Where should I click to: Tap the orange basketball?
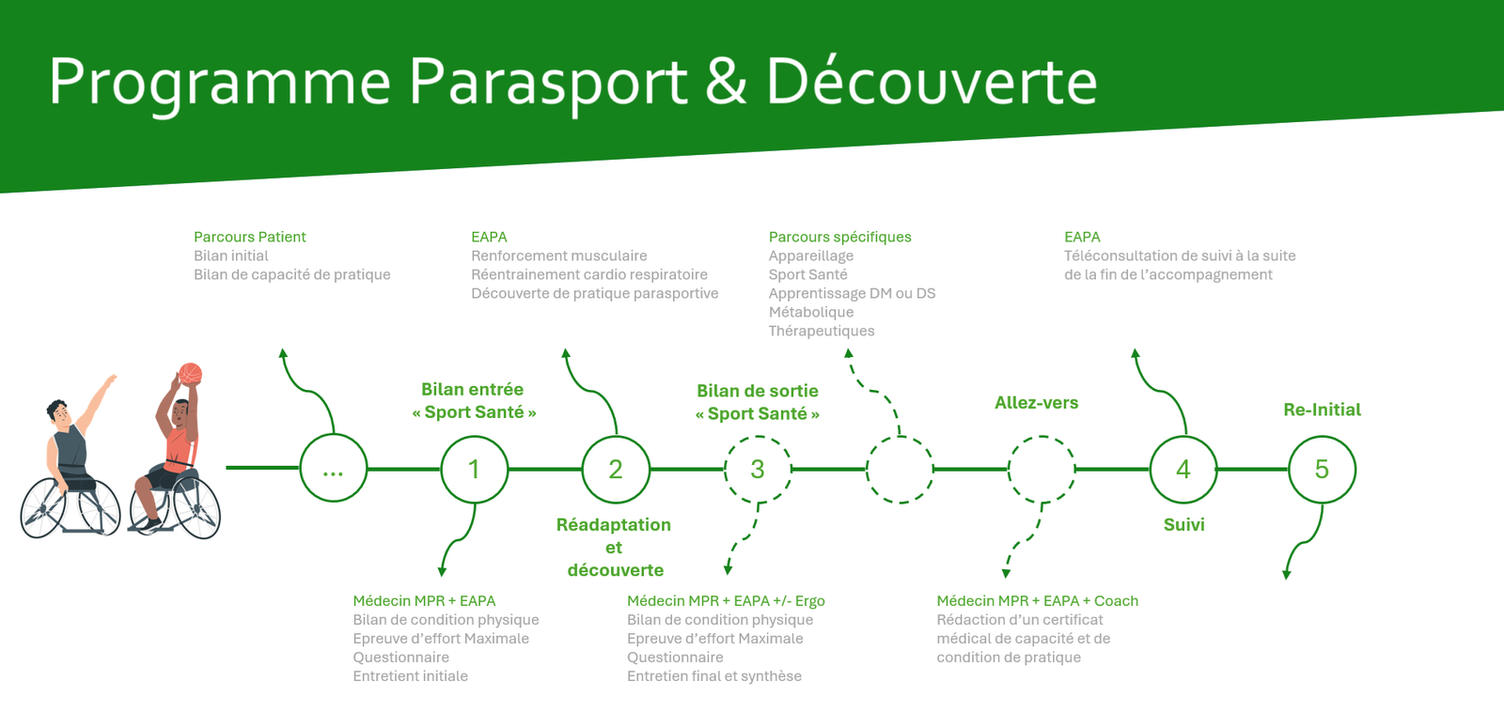190,374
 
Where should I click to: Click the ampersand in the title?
726,81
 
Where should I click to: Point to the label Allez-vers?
1036,403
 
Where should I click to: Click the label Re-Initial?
1322,410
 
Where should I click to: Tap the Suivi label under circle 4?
1183,525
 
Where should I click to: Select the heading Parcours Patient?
250,237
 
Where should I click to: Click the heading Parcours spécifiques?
840,237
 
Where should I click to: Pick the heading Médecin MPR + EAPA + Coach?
1038,601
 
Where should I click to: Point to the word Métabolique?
811,312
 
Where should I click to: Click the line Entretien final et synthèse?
714,676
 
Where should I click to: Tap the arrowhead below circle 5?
1287,574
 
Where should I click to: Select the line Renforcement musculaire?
558,256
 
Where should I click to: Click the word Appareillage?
811,256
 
